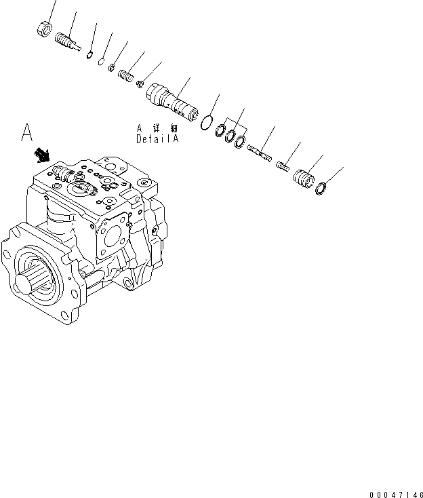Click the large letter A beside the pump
click(27, 132)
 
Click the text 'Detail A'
click(157, 138)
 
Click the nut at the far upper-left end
click(45, 29)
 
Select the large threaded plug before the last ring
click(304, 178)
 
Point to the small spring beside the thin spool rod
click(282, 164)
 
